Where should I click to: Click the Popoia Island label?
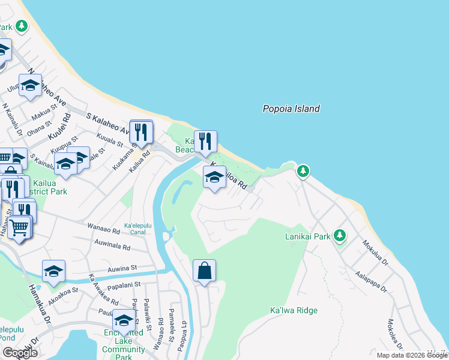point(291,109)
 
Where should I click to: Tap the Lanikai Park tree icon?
point(340,235)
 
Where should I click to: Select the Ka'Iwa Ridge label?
point(294,310)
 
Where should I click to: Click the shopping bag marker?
point(204,271)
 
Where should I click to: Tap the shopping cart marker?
point(19,227)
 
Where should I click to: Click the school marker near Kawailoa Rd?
point(214,178)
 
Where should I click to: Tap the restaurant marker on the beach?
point(205,142)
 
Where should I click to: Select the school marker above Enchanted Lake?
point(124,320)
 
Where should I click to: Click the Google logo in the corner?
point(19,353)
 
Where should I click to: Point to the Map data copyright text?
point(411,355)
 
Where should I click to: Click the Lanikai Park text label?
point(307,236)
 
